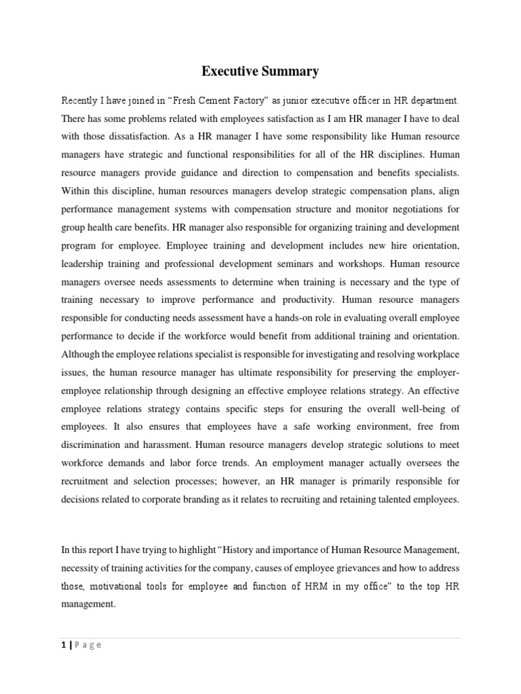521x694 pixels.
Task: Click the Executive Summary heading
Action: pos(260,70)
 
